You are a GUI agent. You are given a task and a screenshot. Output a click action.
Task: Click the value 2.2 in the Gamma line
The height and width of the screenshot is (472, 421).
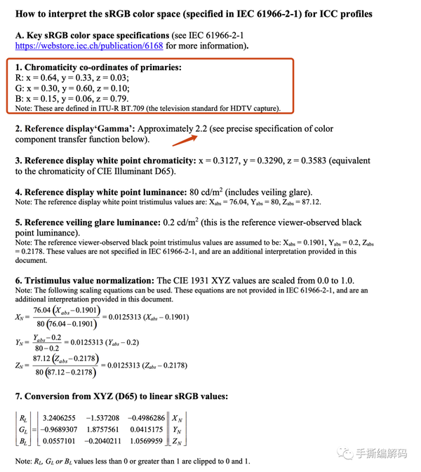pyautogui.click(x=203, y=129)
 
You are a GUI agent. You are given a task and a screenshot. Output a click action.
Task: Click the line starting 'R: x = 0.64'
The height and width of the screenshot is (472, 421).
pyautogui.click(x=72, y=79)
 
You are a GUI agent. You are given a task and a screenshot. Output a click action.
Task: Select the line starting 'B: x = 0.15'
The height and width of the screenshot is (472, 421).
pyautogui.click(x=72, y=99)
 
